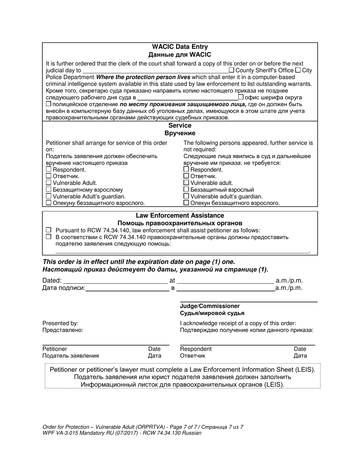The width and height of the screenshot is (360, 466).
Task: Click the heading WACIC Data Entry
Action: (180, 47)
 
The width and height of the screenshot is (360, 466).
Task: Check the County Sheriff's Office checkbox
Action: (232, 70)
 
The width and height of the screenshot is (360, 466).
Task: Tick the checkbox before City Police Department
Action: (298, 70)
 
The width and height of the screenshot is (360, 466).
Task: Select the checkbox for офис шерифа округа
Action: (241, 97)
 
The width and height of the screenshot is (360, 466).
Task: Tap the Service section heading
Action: (180, 125)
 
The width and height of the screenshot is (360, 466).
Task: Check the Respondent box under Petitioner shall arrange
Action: (49, 170)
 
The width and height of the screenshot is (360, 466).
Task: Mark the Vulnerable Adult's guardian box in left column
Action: (49, 196)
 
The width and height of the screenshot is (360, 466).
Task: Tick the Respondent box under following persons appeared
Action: (186, 170)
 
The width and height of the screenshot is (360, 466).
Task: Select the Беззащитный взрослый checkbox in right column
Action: (186, 189)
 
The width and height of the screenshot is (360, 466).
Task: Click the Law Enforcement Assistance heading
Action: (180, 216)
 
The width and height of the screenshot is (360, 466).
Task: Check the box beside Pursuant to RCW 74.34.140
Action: (48, 230)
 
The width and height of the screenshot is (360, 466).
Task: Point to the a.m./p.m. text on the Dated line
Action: (289, 281)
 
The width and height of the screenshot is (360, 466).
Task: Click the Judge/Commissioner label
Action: (210, 306)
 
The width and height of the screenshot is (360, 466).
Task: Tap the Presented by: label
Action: (60, 323)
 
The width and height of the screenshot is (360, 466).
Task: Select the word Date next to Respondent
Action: (300, 349)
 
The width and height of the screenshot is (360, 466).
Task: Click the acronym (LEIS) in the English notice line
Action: (302, 369)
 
